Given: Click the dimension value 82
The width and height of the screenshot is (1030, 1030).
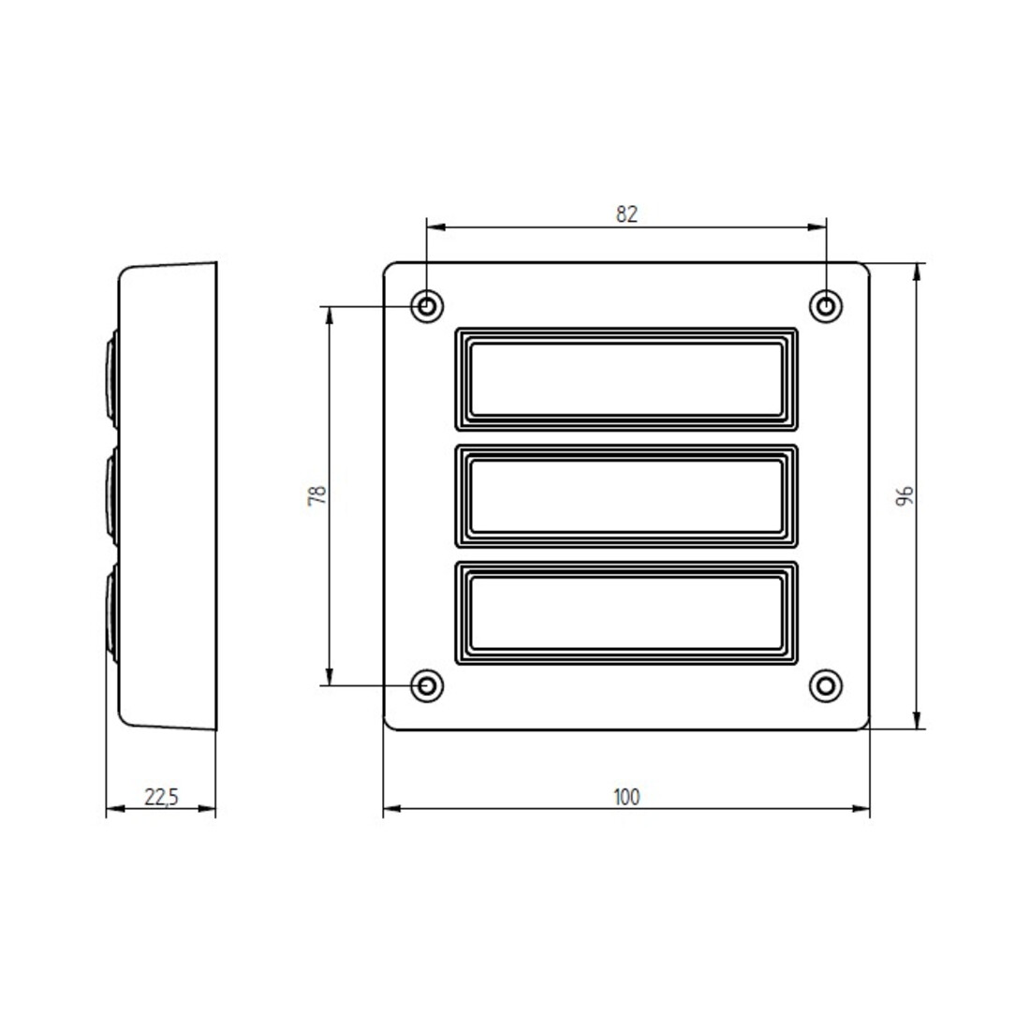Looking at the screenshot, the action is (x=626, y=214).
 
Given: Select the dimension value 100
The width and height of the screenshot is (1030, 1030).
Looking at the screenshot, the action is (x=626, y=797).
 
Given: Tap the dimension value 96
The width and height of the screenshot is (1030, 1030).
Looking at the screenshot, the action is (x=905, y=496).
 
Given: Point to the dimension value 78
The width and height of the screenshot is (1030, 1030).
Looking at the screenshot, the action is (x=317, y=495).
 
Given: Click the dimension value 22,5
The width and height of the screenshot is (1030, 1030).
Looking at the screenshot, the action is (x=162, y=797).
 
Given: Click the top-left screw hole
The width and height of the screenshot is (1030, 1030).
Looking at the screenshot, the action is (x=427, y=306).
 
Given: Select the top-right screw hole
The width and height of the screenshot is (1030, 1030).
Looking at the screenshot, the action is (x=827, y=306).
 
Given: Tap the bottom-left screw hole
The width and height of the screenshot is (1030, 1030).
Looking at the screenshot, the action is (x=427, y=685).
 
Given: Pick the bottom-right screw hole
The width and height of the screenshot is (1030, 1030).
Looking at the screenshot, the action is (x=827, y=685).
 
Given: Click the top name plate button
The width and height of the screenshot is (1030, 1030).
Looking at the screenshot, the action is (x=626, y=379).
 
